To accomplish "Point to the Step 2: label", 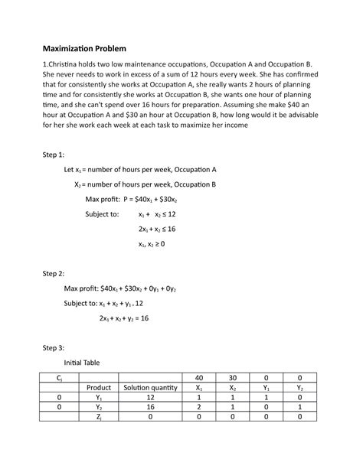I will (x=55, y=273).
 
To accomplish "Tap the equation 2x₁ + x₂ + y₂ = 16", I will (x=124, y=318).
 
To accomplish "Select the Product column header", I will (x=100, y=387).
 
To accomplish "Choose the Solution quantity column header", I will (x=150, y=387).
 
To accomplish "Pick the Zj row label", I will (x=100, y=418).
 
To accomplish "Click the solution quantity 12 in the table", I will (x=150, y=398).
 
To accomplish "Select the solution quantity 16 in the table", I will (x=150, y=408).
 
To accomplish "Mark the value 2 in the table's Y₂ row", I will (x=199, y=408).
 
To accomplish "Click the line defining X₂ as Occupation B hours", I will (x=146, y=184).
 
